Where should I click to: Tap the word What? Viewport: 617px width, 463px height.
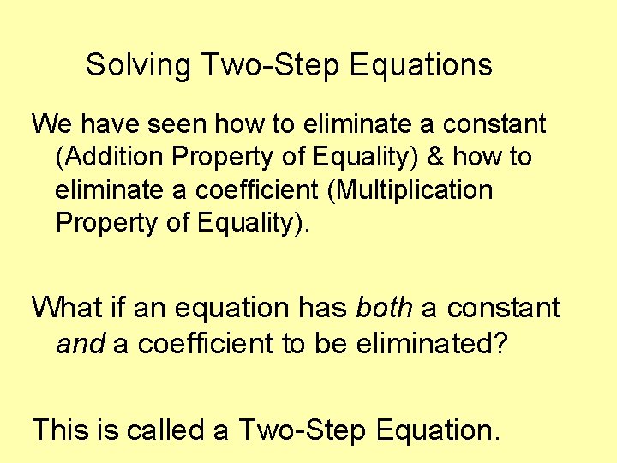coord(67,307)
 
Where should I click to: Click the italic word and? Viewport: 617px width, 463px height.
coord(80,344)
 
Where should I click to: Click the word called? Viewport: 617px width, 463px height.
coord(167,429)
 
